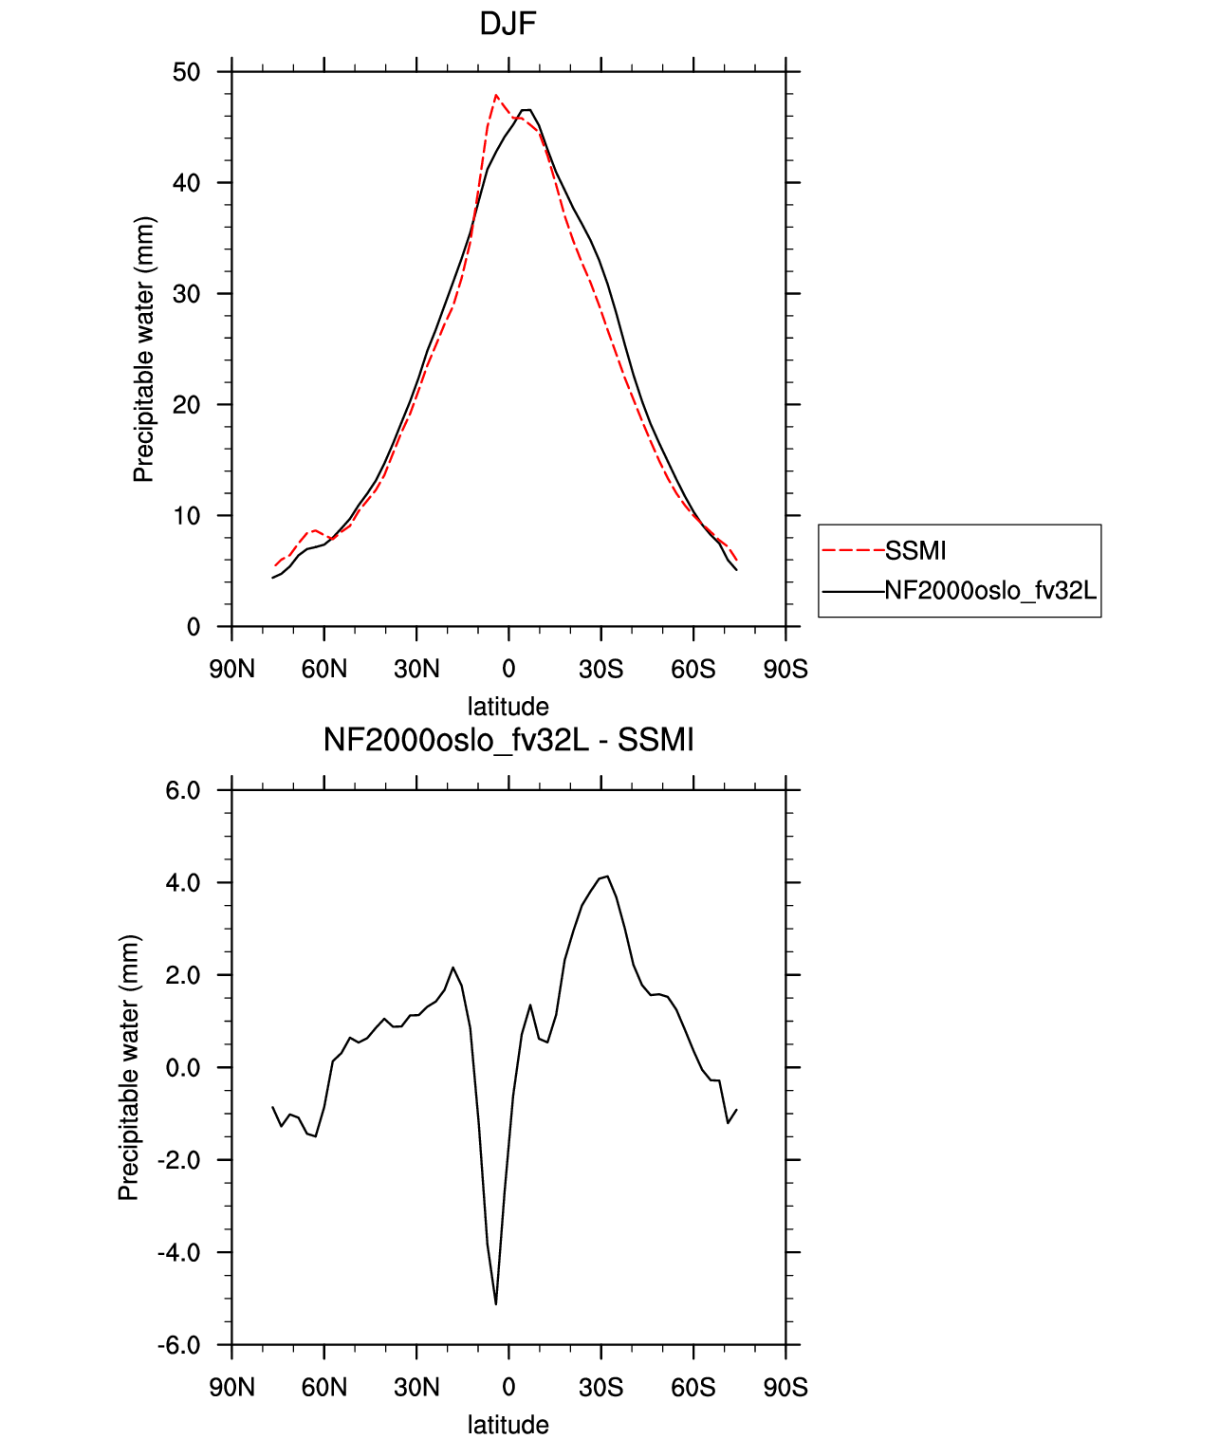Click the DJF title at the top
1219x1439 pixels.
coord(508,25)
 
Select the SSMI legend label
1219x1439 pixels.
coord(914,551)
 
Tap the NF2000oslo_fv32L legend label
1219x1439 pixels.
coord(990,590)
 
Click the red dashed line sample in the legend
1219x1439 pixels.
coord(854,551)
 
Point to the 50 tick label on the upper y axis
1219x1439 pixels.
coord(186,72)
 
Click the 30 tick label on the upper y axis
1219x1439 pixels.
coord(186,294)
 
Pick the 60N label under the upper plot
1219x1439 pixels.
coord(323,669)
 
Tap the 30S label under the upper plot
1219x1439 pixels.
coord(600,669)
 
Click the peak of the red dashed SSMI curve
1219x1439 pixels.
coord(496,95)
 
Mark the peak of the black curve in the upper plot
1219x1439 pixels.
coord(526,109)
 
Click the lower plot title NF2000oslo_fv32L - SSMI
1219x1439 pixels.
coord(508,740)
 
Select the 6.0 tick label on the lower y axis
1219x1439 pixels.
coord(183,791)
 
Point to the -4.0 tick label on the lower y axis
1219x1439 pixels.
coord(178,1252)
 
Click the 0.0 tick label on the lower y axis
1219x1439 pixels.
coord(183,1068)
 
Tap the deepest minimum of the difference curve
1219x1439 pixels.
coord(496,1304)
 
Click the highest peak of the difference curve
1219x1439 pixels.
coord(608,876)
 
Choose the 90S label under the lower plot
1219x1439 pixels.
coord(785,1388)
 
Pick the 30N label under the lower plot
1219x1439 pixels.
coord(416,1388)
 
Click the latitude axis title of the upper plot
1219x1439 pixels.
coord(508,707)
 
